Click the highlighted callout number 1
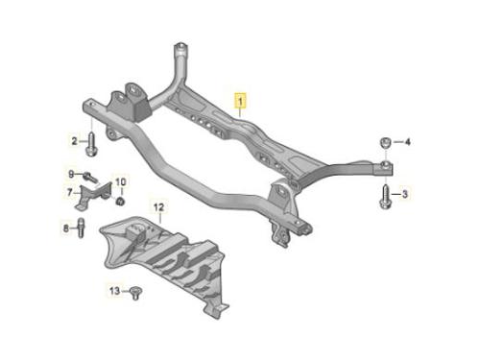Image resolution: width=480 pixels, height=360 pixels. pos(240,101)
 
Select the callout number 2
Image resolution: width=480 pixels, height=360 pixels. pos(74,141)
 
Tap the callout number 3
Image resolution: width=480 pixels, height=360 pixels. pos(405,194)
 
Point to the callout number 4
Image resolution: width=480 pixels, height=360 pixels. pos(407,141)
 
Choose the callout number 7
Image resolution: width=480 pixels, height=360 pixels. pos(70,192)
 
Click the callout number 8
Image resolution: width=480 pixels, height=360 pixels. pos(66,228)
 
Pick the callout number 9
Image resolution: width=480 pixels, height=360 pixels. pos(71,174)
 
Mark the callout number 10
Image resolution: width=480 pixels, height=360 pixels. pos(120,182)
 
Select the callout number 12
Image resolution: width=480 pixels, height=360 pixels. pos(159,207)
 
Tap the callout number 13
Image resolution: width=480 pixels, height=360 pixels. pos(114,291)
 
